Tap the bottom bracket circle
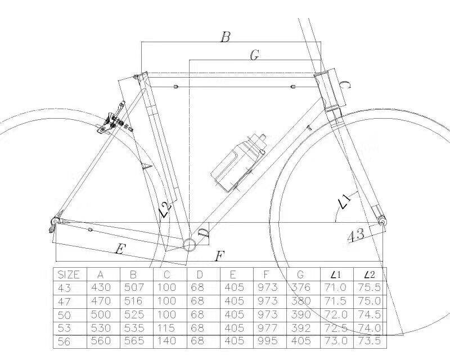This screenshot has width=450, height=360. (x=190, y=243)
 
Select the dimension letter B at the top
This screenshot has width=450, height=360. (x=225, y=38)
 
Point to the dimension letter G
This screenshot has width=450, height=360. (x=254, y=55)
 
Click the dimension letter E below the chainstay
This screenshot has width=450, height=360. (x=119, y=249)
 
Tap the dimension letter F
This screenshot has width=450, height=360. (x=220, y=256)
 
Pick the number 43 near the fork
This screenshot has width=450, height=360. (x=355, y=235)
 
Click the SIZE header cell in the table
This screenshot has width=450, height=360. (x=69, y=274)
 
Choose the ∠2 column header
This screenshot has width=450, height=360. (x=370, y=274)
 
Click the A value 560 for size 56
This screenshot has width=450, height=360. (x=101, y=341)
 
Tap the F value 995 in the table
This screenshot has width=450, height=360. (x=269, y=341)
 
